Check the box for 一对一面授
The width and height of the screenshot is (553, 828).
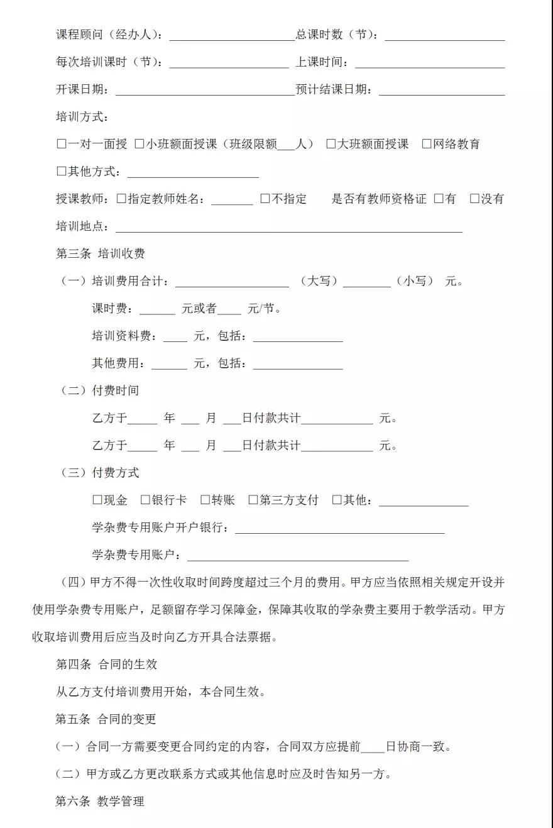[x=62, y=144]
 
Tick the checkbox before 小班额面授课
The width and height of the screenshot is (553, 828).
[x=140, y=144]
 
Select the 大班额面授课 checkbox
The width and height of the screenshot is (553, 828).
[x=331, y=144]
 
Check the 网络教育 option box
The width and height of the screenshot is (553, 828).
[x=427, y=144]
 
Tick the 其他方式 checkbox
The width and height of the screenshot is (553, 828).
[x=62, y=172]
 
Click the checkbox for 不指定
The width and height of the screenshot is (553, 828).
[x=265, y=199]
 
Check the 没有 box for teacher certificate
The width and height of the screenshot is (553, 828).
[x=474, y=199]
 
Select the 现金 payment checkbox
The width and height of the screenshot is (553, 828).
[x=97, y=500]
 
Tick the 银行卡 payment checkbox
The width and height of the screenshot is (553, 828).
[x=145, y=500]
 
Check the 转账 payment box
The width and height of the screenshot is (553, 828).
[x=205, y=500]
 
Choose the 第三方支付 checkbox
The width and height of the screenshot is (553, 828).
[x=253, y=500]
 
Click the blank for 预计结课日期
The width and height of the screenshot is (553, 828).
[x=441, y=90]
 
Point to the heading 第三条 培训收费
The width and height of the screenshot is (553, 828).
[x=101, y=253]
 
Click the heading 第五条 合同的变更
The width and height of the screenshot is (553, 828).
[x=106, y=719]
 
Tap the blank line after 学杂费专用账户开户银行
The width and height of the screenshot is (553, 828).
[x=339, y=528]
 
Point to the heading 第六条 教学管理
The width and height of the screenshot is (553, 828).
[x=100, y=801]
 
